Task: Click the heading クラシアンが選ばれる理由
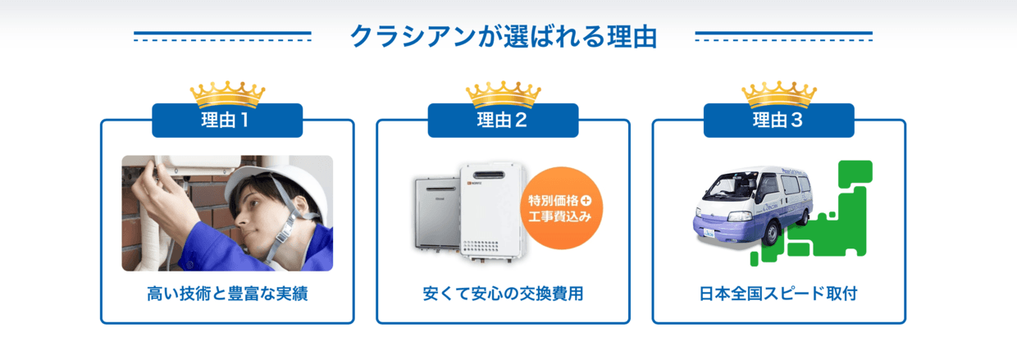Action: click(x=504, y=36)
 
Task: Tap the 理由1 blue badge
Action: click(x=227, y=121)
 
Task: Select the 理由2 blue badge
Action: click(x=503, y=121)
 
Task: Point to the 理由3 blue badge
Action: click(x=779, y=121)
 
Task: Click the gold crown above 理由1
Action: click(x=227, y=94)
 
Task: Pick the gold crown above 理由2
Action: click(x=504, y=94)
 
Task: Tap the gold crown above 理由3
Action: click(x=779, y=94)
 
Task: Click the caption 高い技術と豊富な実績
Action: click(x=227, y=294)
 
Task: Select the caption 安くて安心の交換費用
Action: click(x=503, y=294)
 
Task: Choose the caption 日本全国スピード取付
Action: click(x=778, y=294)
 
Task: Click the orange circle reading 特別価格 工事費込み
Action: click(x=562, y=208)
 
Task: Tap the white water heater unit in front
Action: click(x=494, y=212)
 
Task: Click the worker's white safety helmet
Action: click(x=272, y=186)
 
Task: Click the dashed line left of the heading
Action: click(x=222, y=40)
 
